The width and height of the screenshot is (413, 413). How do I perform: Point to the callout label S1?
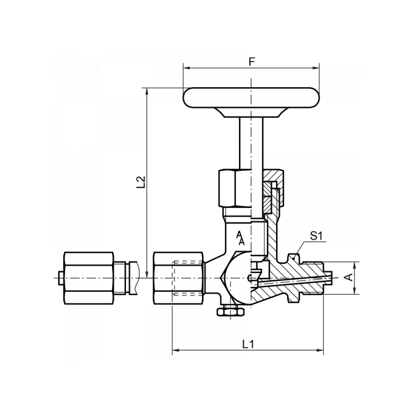tap(316, 237)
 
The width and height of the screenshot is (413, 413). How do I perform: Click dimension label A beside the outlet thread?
tap(349, 277)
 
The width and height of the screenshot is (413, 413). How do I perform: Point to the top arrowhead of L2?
tap(148, 91)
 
